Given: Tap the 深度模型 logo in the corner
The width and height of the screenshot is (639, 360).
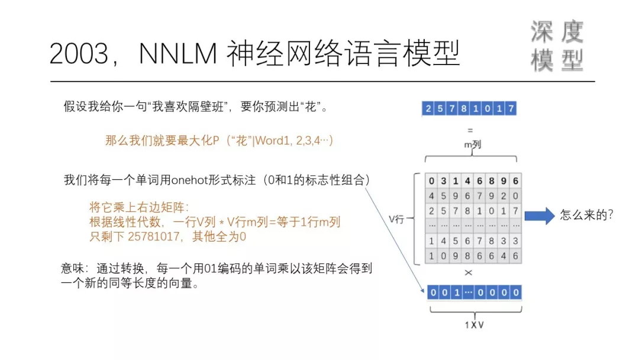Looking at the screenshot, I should click(x=557, y=46).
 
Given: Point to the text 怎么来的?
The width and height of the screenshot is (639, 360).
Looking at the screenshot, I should click(x=586, y=215).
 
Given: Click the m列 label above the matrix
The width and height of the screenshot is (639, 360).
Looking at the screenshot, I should click(x=472, y=144).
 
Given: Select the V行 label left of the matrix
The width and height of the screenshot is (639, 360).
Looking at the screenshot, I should click(x=396, y=219).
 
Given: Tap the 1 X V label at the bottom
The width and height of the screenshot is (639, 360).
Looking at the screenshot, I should click(x=472, y=324).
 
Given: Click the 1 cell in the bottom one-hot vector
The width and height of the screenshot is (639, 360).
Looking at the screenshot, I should click(x=454, y=292).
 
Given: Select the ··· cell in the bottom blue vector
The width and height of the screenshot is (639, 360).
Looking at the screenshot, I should click(x=467, y=292).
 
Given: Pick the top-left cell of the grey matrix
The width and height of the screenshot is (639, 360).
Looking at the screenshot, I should click(x=431, y=181).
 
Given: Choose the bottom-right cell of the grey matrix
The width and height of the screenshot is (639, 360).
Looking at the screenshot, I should click(x=515, y=256).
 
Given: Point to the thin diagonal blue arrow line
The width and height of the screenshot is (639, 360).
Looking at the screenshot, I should click(x=396, y=237).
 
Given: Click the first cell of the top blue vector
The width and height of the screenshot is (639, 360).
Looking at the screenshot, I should click(x=428, y=108).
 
